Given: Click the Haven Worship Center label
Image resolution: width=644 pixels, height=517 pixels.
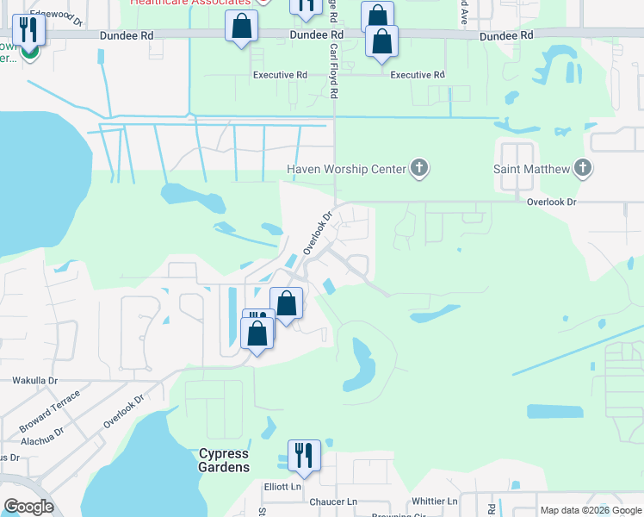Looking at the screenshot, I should click(x=346, y=169).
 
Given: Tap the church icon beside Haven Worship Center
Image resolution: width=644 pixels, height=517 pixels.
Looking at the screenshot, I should click(x=419, y=168).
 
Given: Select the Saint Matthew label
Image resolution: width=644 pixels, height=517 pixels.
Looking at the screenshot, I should click(x=530, y=169).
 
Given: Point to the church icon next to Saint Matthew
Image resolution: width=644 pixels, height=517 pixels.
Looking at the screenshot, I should click(x=583, y=168).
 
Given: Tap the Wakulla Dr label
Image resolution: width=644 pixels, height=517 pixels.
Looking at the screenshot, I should click(x=34, y=380).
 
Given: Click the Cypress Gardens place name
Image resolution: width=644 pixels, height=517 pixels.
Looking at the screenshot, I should click(x=224, y=460).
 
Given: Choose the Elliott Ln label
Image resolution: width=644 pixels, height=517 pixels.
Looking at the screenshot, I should click(x=283, y=486).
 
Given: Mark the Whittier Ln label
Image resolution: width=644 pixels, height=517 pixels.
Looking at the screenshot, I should click(x=435, y=501).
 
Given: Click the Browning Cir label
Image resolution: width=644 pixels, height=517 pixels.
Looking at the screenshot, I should click(x=398, y=514).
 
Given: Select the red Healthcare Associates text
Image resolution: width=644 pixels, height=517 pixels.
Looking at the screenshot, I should click(x=191, y=3).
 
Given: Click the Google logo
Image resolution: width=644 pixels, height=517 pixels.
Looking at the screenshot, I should click(x=28, y=506).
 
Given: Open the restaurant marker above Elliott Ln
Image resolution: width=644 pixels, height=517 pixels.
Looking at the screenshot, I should click(x=304, y=455).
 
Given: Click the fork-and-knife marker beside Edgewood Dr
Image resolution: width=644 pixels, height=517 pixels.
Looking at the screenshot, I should click(x=28, y=30).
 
